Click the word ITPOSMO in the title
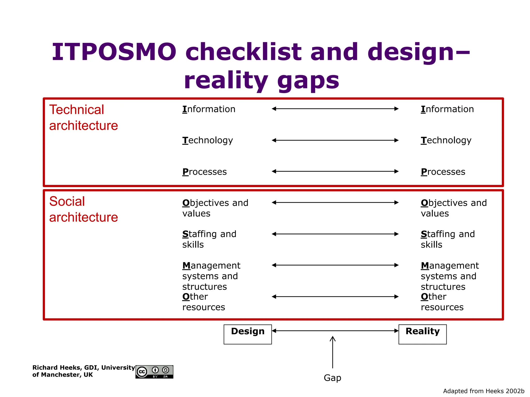(114, 52)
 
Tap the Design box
(248, 334)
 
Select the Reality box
(422, 334)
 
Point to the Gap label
(332, 378)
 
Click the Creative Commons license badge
(154, 372)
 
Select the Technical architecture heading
(83, 118)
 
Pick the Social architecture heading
(83, 209)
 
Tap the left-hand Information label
(209, 109)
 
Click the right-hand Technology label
(446, 140)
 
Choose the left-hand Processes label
(204, 172)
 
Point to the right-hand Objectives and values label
(454, 208)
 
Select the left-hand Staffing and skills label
(209, 239)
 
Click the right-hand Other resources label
(442, 302)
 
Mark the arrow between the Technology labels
(335, 140)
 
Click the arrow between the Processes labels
(335, 171)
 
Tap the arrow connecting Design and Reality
(335, 331)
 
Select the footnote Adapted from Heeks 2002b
(483, 391)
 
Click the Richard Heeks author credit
(83, 371)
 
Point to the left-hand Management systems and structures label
(211, 276)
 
